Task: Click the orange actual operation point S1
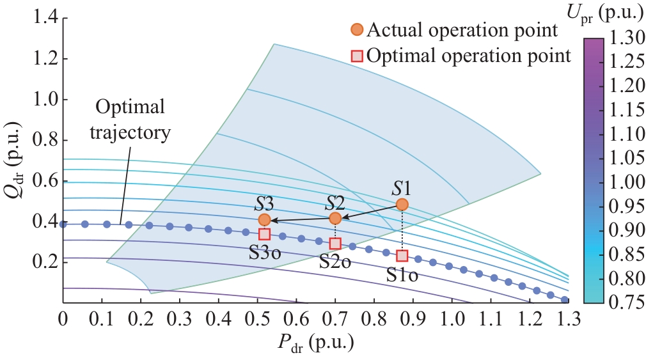coord(402,205)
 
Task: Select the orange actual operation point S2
coord(335,219)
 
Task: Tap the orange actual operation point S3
coord(265,220)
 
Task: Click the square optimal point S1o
coord(402,256)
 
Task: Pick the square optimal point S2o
coord(335,244)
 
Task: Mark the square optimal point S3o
coord(265,235)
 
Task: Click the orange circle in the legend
coord(357,29)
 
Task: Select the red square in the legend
coord(357,56)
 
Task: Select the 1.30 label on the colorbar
coord(622,40)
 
